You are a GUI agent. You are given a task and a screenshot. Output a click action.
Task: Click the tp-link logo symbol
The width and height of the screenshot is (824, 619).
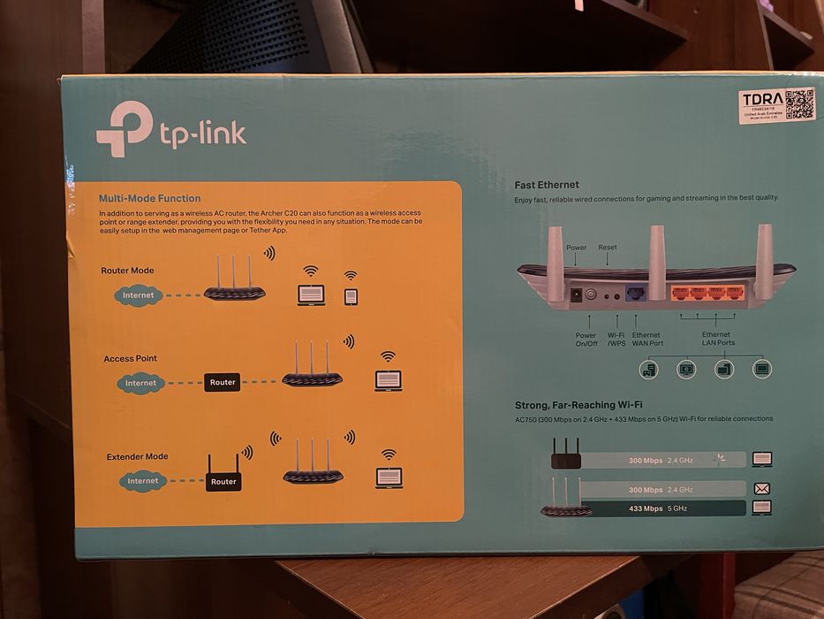click(124, 129)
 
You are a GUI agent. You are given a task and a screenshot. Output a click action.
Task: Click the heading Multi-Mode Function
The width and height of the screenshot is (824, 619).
click(149, 198)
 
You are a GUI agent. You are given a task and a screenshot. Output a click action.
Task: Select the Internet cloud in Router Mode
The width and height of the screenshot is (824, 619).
click(139, 294)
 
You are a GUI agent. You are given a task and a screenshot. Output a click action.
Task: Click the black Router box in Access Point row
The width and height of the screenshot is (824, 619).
click(223, 383)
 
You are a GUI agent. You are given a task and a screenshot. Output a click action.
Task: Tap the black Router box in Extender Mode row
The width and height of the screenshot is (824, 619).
click(223, 481)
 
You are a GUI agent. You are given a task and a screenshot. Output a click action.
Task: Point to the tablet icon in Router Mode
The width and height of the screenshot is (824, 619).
click(351, 296)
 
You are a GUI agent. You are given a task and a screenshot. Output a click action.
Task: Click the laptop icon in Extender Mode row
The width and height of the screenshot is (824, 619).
click(389, 478)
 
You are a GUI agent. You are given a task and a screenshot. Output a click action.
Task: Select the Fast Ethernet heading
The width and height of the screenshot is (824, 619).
click(547, 185)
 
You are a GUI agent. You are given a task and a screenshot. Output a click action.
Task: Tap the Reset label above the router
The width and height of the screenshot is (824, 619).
click(608, 248)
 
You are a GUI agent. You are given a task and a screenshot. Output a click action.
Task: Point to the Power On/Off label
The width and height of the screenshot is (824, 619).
click(586, 339)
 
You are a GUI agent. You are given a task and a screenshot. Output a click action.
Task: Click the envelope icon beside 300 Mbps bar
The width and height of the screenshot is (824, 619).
click(760, 488)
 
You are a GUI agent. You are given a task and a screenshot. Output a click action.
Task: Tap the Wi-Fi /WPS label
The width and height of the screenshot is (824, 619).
click(616, 339)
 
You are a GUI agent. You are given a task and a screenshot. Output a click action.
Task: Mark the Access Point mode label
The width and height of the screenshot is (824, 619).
click(130, 358)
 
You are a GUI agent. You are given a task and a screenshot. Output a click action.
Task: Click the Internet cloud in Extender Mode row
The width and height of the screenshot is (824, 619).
click(141, 481)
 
